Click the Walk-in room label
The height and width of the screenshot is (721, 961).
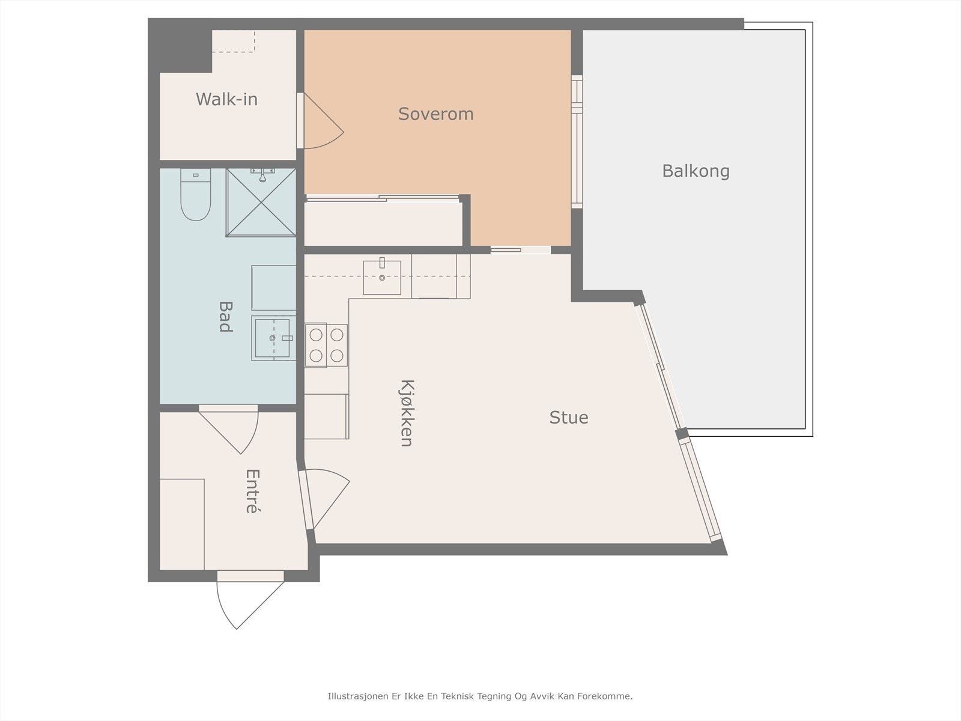coord(226,99)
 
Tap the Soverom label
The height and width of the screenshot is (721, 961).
coord(435,114)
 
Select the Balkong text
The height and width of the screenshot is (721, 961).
coord(696,171)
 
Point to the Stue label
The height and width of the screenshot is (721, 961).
coord(569,418)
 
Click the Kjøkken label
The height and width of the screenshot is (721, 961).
coord(407,413)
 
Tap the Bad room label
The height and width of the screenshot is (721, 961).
coord(225,317)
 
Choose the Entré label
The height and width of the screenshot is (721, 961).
coord(253,491)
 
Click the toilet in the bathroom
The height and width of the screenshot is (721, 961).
coord(196,194)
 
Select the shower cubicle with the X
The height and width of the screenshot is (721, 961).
coord(261,202)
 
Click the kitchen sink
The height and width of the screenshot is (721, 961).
coord(382,278)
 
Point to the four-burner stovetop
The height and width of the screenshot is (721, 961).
coord(326,345)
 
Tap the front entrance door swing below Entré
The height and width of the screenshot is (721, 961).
coord(250,606)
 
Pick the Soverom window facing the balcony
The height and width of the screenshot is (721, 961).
coord(577,142)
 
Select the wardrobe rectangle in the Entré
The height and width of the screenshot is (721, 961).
coord(182,525)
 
